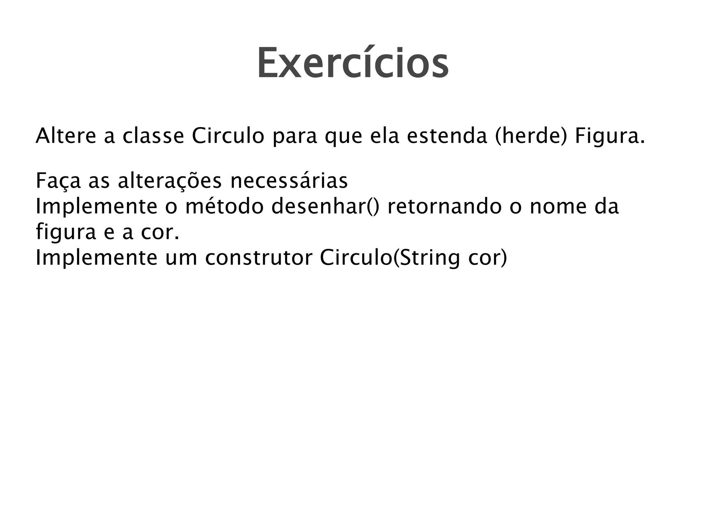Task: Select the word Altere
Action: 66,136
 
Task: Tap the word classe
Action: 153,136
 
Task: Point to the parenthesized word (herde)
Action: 531,136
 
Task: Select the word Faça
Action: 58,181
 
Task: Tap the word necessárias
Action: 289,181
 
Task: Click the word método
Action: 224,206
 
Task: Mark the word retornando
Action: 444,206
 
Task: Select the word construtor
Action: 259,258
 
